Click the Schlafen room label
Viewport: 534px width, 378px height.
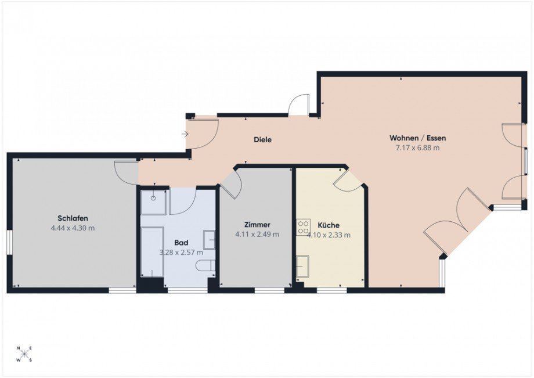73,218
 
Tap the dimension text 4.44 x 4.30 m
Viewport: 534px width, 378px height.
73,228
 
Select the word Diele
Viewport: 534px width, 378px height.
262,140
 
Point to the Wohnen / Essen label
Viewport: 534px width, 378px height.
417,138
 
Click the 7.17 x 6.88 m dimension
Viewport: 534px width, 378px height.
417,148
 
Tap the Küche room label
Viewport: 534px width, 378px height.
329,225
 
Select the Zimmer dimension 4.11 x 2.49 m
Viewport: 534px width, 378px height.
257,235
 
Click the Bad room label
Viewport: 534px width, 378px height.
181,243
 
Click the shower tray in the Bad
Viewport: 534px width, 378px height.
153,201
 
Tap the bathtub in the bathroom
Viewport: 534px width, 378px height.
152,252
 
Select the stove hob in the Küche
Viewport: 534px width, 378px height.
303,226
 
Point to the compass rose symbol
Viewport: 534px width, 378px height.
24,354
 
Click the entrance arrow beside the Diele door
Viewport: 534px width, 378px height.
185,135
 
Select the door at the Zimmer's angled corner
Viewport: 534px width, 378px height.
231,185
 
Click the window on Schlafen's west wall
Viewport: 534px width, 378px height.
9,242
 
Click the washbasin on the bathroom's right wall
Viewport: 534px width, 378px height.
209,239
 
